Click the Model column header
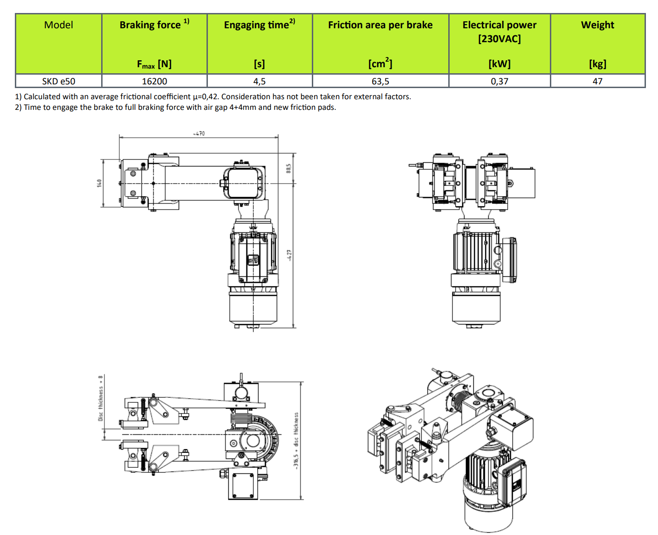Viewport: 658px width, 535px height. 58,25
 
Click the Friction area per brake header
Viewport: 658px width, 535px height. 380,25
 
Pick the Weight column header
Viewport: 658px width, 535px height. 597,25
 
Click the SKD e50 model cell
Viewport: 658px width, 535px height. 58,81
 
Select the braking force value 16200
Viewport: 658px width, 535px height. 154,81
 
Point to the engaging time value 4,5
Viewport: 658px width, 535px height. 259,81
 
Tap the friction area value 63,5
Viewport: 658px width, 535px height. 380,81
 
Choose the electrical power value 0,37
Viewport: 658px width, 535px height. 499,81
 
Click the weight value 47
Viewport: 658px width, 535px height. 597,81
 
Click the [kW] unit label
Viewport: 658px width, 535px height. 499,64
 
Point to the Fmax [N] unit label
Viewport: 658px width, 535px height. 154,64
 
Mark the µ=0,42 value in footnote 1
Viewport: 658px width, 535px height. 206,96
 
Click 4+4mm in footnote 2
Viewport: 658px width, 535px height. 243,107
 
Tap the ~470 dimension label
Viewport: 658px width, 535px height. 199,134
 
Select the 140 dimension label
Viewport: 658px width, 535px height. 99,183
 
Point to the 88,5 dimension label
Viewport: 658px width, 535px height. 289,168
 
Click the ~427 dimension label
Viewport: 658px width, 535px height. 289,255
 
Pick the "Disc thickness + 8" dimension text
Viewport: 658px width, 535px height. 101,398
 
